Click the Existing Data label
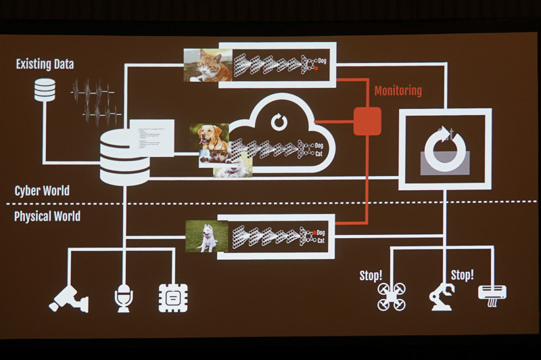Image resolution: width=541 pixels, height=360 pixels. click(x=45, y=65)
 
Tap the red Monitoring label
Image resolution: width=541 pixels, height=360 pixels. click(x=398, y=91)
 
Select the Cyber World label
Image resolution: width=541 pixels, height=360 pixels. click(x=42, y=191)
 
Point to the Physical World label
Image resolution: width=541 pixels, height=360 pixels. click(x=47, y=217)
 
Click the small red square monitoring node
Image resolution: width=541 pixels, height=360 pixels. click(x=367, y=121)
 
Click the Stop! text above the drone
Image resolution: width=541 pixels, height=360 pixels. click(x=371, y=275)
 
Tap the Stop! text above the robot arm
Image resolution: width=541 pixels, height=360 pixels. click(x=463, y=275)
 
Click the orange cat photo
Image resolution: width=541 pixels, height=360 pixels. click(x=208, y=65)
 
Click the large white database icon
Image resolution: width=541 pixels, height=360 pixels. click(x=124, y=158)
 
